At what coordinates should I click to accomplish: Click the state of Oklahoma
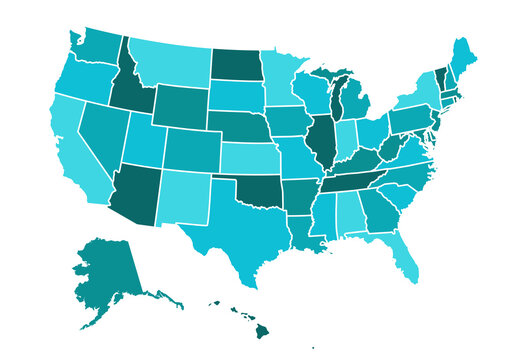coord(255,190)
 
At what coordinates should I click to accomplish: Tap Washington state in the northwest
coord(95,45)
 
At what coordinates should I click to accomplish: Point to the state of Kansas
coord(246,157)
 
